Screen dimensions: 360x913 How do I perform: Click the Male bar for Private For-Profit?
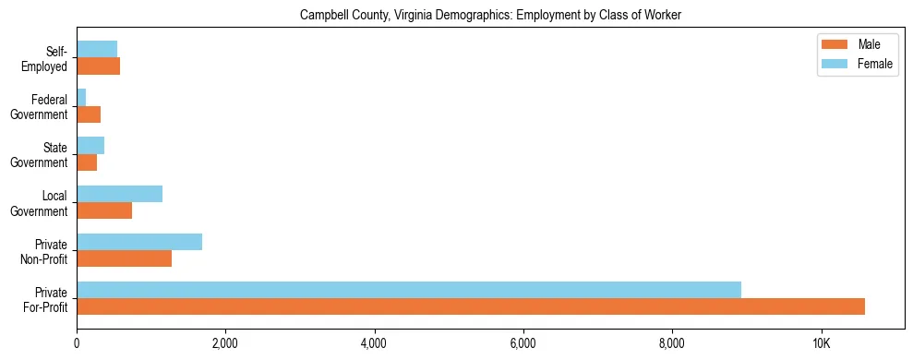pos(471,306)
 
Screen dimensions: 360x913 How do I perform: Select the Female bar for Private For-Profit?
pos(409,290)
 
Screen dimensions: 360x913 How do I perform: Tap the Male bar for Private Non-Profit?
pos(124,258)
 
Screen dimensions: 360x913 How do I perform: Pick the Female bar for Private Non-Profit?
pos(139,242)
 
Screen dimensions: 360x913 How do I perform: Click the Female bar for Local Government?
pos(119,194)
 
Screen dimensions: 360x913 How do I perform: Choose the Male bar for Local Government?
pos(104,210)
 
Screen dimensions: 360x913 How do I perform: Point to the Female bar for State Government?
pos(90,146)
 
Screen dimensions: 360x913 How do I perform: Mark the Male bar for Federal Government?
pos(89,114)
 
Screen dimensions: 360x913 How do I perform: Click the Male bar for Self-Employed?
pos(98,66)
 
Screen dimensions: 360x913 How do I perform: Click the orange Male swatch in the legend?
pos(835,45)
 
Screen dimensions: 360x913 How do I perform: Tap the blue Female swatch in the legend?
pos(835,64)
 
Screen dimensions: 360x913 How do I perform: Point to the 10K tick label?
pos(822,342)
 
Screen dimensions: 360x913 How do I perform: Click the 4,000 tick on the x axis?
pos(374,342)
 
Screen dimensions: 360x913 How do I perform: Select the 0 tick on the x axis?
pos(77,342)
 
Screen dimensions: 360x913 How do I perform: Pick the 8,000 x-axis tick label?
pos(672,342)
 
